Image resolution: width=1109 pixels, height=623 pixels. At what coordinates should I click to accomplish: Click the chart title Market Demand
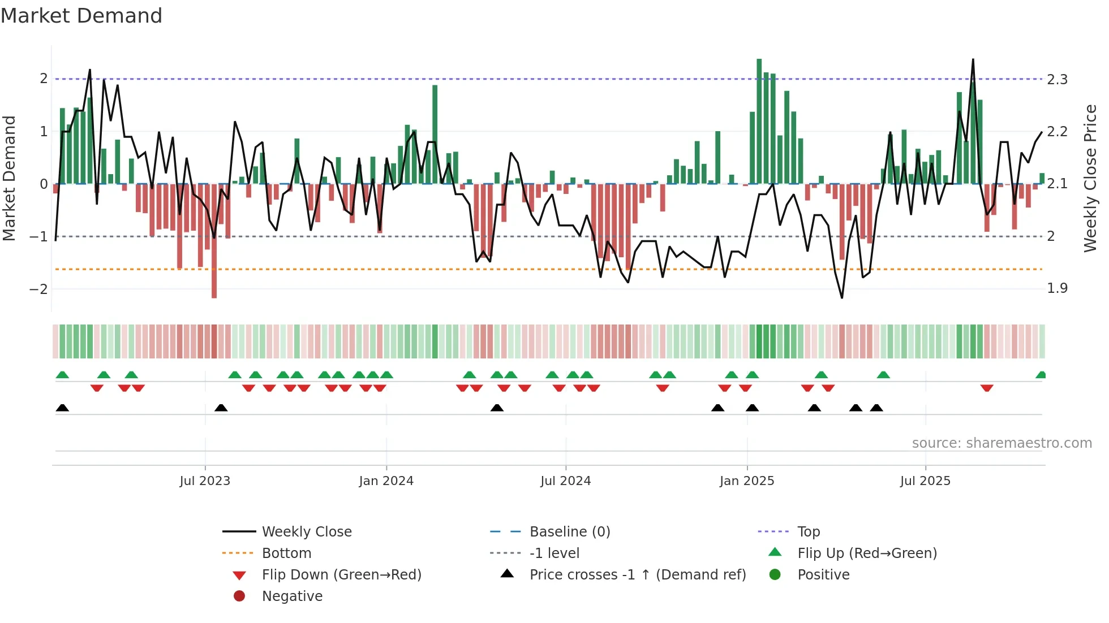pos(81,16)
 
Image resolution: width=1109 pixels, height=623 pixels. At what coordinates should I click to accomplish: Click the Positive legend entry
pos(823,575)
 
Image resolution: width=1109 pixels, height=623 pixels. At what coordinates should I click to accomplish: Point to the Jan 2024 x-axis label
pos(386,481)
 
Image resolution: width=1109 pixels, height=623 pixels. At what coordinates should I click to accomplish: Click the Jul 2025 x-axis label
pos(925,481)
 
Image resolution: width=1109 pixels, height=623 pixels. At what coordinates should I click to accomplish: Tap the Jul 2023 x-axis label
pos(205,481)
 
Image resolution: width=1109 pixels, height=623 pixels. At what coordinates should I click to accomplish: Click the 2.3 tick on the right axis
pos(1057,80)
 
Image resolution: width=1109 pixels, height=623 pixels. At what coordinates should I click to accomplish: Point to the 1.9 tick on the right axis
pos(1057,288)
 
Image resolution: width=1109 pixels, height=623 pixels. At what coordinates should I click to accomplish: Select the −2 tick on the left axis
pos(38,289)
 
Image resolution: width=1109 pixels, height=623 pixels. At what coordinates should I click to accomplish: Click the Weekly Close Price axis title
pos(1090,178)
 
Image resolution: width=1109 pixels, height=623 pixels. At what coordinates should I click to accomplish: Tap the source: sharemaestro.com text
pos(1001,443)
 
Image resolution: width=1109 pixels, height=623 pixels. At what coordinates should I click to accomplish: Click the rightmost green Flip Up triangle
pos(1041,375)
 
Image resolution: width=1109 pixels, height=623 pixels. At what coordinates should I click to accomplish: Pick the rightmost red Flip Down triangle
pos(987,388)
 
